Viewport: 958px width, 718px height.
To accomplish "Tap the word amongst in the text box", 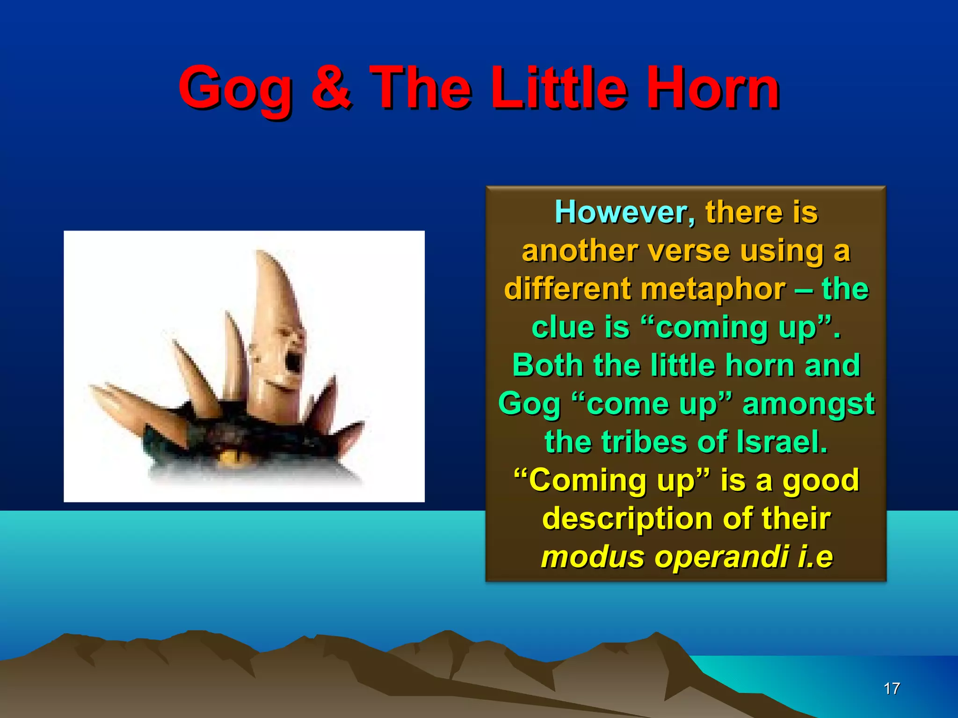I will pyautogui.click(x=808, y=404).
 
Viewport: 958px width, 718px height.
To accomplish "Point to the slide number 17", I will pyautogui.click(x=892, y=689).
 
